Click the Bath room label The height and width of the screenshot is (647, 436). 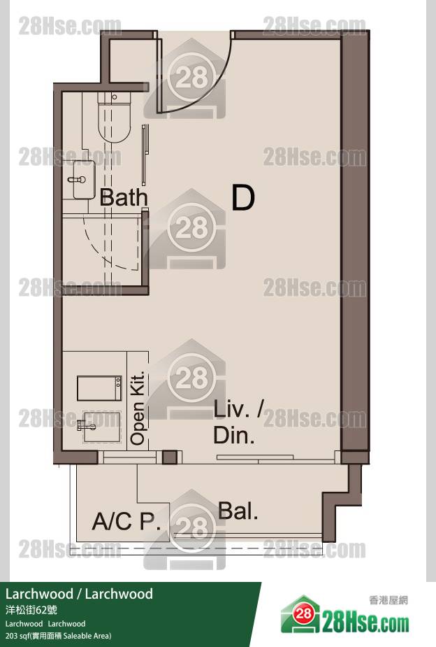pos(124,197)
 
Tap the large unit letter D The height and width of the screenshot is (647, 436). pos(243,198)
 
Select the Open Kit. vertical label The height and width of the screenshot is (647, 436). pos(138,408)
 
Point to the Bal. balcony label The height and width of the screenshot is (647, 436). pos(238,511)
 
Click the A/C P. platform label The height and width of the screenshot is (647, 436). pos(126,521)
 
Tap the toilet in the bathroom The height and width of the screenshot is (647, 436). pos(114,118)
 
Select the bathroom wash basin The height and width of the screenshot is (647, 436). pos(84,180)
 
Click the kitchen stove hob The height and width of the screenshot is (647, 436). pos(99,388)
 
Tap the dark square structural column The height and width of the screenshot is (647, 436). pos(169,457)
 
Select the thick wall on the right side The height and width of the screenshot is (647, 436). pos(354,243)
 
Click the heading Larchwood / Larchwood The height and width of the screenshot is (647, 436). pos(79,594)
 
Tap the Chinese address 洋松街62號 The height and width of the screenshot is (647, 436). pos(31,610)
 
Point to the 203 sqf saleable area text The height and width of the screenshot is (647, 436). pos(58,636)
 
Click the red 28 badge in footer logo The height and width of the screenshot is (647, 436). pos(304,613)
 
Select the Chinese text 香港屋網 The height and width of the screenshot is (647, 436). pos(388,600)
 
